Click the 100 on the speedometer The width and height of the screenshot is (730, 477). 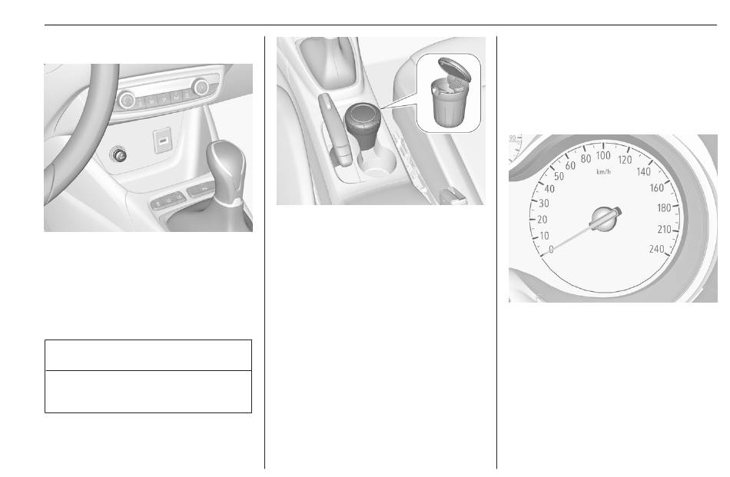point(603,156)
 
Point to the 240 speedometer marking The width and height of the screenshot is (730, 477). point(656,249)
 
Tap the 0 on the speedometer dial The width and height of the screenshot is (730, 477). point(551,250)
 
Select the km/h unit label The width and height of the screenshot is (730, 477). point(603,172)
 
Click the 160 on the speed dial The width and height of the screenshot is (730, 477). point(657,188)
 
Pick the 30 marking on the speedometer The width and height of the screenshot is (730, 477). point(544,204)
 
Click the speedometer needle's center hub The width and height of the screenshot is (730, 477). point(606,219)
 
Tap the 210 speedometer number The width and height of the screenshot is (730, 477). point(665,229)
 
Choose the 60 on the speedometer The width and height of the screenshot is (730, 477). point(570,166)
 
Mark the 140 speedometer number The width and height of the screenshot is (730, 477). point(643,172)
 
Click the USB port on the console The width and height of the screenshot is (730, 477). point(162,141)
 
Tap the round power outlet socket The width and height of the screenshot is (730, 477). point(118,154)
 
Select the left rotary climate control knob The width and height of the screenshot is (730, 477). point(127,100)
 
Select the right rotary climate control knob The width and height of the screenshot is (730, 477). point(201,87)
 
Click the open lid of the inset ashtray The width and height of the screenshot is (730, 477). point(454,69)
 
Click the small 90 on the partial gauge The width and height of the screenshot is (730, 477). point(513,138)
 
